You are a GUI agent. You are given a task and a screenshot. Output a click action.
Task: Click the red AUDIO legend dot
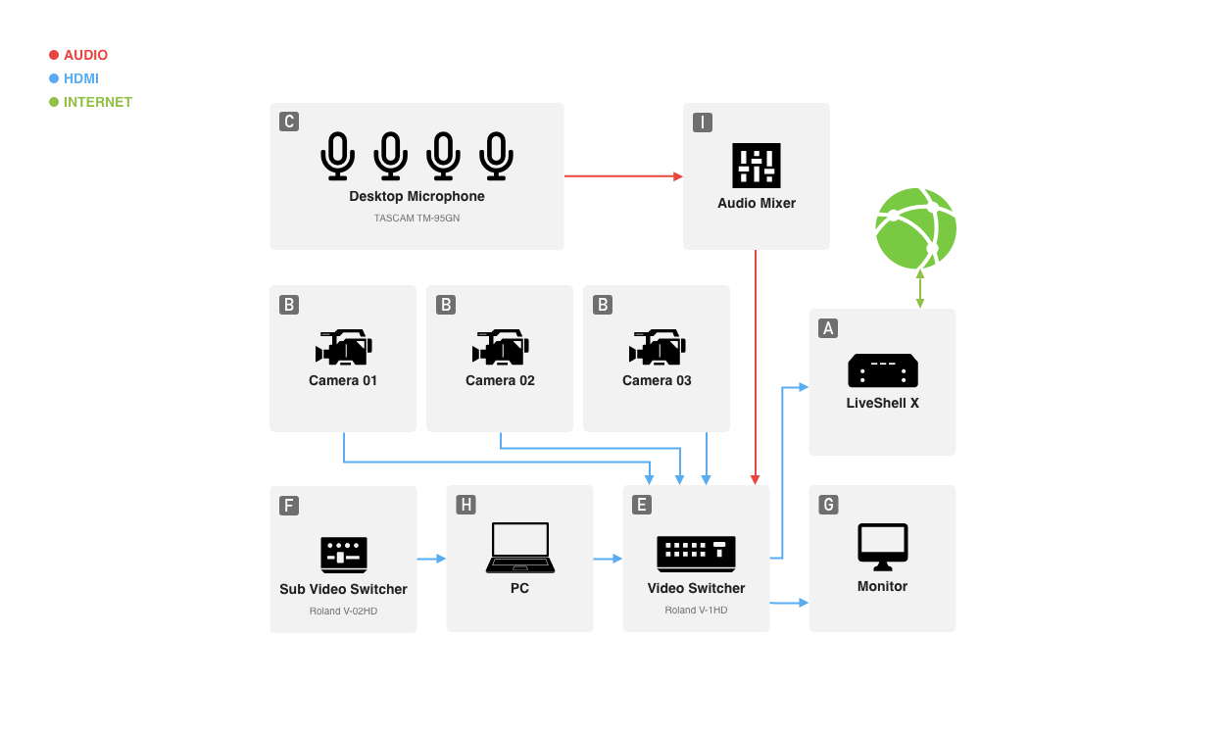[54, 55]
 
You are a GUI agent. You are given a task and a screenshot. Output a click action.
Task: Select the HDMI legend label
[81, 78]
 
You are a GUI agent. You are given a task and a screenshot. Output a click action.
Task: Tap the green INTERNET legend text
[98, 102]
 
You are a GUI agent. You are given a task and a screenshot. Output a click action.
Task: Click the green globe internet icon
[915, 228]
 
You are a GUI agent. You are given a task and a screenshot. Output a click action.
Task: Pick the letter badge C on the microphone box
[288, 122]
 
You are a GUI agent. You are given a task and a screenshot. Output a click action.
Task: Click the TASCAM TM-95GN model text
[416, 219]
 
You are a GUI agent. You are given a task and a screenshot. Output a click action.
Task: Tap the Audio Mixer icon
[757, 166]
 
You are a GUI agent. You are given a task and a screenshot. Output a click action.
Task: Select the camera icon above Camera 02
[500, 348]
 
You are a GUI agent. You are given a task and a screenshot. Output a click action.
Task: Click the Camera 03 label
[657, 380]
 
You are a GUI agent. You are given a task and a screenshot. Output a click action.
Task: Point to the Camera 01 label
[343, 380]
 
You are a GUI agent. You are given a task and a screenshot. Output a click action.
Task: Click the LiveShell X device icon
[882, 370]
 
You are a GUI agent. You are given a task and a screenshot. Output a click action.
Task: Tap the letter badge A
[828, 328]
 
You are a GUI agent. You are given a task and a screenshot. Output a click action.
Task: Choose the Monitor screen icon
[882, 546]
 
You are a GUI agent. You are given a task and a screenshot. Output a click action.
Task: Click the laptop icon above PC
[519, 548]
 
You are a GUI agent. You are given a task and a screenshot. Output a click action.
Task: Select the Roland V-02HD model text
[343, 612]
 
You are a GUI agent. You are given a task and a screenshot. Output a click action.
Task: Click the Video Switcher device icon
[696, 554]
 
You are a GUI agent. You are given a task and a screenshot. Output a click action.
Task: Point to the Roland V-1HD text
[696, 611]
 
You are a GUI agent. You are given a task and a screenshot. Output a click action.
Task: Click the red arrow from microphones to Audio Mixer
[623, 176]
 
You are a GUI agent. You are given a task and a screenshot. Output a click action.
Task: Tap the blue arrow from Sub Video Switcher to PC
[431, 559]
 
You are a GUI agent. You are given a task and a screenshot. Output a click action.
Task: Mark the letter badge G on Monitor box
[828, 505]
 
